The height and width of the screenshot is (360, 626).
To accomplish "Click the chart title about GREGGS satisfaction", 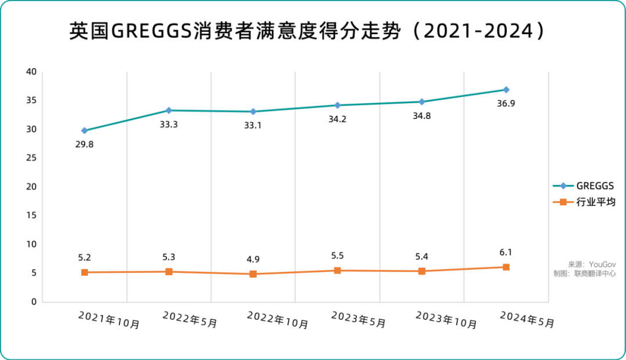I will pos(307,32).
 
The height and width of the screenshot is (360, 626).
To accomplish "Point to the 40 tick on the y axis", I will pos(30,72).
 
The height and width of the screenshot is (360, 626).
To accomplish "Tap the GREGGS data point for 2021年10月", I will pos(85,130).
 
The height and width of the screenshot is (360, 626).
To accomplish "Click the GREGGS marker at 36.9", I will pos(506,90).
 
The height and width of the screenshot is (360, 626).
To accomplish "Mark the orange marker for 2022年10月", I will pos(253,274).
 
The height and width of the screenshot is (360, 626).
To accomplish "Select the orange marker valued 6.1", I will pos(506,267).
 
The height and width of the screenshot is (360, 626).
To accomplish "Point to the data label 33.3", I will pos(169,123).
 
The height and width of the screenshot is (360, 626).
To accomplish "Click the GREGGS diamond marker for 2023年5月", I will pos(337,105).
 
